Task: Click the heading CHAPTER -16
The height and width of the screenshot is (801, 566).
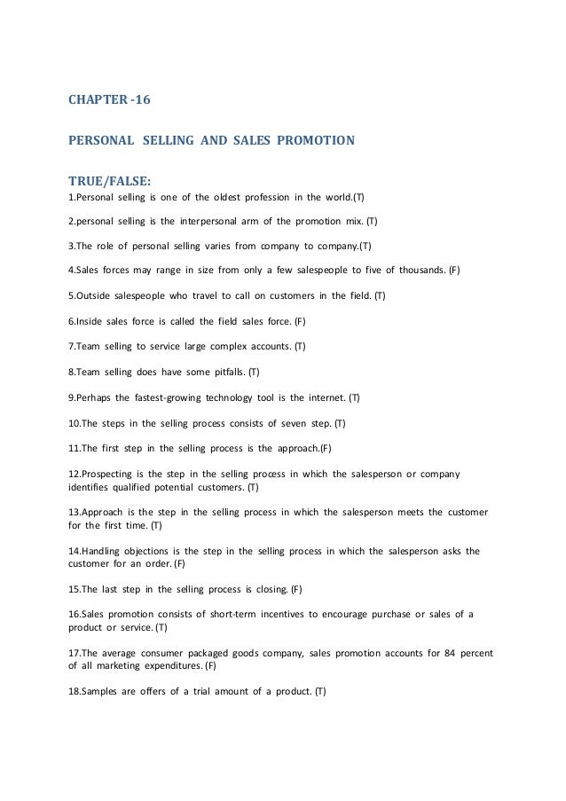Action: [109, 100]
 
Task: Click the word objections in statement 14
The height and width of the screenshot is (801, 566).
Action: [153, 550]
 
